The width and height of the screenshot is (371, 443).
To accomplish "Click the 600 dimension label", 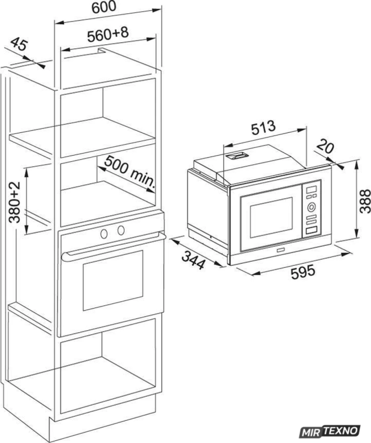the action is point(104,7).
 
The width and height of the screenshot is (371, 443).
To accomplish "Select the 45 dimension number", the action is point(19,45).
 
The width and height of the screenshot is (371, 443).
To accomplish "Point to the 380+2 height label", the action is point(14,202).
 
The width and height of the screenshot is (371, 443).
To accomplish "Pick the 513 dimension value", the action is point(263,128).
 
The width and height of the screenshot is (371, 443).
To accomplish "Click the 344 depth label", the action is point(193,260).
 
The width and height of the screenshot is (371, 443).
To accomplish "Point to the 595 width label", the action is point(303,272).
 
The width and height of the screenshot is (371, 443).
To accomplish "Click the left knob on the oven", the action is point(104,233).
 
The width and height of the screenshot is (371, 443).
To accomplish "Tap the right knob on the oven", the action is point(121,230).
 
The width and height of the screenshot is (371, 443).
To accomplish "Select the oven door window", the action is point(113,280).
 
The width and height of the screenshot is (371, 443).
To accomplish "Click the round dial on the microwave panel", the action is point(311,207).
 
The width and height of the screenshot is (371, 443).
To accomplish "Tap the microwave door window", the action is point(271,217).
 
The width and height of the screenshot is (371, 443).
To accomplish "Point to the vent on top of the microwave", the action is point(236,156).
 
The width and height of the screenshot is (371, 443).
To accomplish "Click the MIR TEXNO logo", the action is point(330,431).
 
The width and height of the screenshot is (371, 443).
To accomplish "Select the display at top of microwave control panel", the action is point(311,189).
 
